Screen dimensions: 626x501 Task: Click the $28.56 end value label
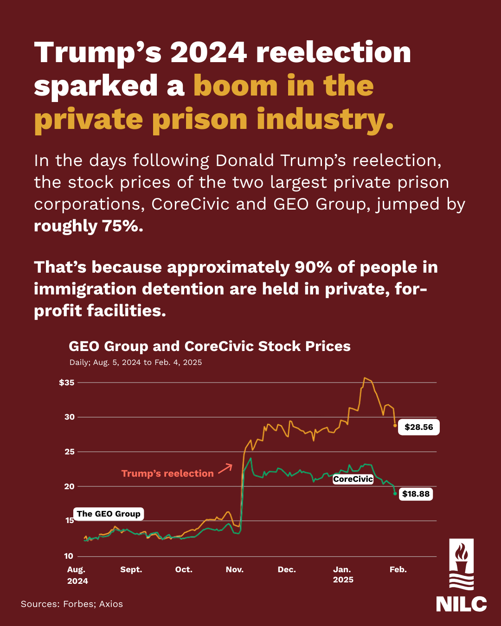tap(418, 427)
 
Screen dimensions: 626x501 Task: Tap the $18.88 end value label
tap(416, 494)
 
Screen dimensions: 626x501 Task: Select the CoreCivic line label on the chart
tap(353, 479)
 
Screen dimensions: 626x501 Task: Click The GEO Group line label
tap(109, 514)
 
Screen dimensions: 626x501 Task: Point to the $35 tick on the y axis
tap(67, 383)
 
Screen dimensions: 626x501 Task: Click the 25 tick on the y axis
tap(69, 452)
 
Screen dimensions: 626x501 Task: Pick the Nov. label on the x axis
tap(235, 569)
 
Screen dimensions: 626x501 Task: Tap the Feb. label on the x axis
tap(398, 569)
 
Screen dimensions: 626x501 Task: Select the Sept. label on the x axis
tap(131, 569)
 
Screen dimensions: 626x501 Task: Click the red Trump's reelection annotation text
tap(167, 473)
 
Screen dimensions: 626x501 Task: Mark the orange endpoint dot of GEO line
tap(395, 425)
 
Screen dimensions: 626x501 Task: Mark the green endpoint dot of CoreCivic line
tap(395, 493)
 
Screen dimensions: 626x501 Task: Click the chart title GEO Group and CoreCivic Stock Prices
tap(210, 346)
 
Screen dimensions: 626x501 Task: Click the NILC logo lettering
tap(461, 604)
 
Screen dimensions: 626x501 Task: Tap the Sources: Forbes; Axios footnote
tap(72, 604)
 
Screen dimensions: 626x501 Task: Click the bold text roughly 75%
tap(89, 226)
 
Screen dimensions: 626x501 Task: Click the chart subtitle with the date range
tap(135, 362)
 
